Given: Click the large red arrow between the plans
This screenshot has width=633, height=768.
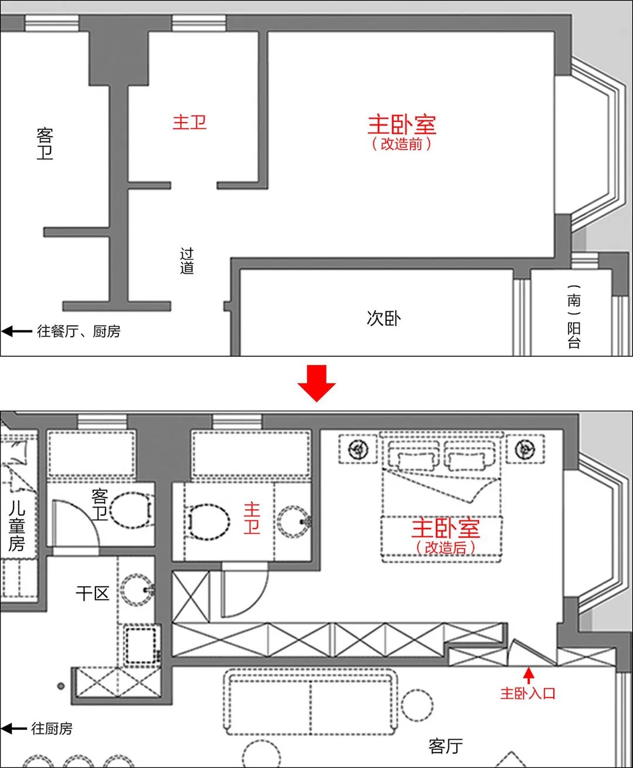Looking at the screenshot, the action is (x=316, y=383).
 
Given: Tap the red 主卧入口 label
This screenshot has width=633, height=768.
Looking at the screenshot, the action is (x=528, y=693).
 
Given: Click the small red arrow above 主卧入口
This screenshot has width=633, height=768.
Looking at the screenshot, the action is (x=529, y=676).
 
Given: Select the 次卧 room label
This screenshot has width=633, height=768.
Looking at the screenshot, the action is (x=383, y=318).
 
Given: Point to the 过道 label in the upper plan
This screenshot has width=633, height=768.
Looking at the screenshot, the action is (x=186, y=260).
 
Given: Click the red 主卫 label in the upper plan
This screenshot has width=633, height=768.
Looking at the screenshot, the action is (x=189, y=122).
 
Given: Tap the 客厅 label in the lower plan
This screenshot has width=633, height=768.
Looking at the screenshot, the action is (x=445, y=746).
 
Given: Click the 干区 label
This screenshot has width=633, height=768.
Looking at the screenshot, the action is (x=93, y=593).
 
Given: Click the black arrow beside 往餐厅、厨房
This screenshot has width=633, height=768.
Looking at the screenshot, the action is (x=17, y=331).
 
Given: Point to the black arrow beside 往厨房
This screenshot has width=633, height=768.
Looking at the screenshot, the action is (x=14, y=728).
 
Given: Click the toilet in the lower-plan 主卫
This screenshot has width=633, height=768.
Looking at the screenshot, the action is (x=208, y=522).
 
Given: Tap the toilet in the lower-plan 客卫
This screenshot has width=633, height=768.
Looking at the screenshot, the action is (x=131, y=510).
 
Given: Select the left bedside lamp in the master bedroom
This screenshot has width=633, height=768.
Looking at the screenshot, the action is (x=358, y=449).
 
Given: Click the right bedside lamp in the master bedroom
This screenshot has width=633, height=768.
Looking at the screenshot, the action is (x=525, y=449).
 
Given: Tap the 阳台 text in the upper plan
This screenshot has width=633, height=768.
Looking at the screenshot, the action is (x=574, y=336).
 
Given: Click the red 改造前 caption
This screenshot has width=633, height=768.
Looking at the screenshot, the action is (x=401, y=144).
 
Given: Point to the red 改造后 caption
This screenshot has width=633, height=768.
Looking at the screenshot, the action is (x=445, y=547).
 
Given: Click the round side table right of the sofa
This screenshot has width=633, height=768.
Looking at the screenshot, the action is (x=417, y=705).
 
